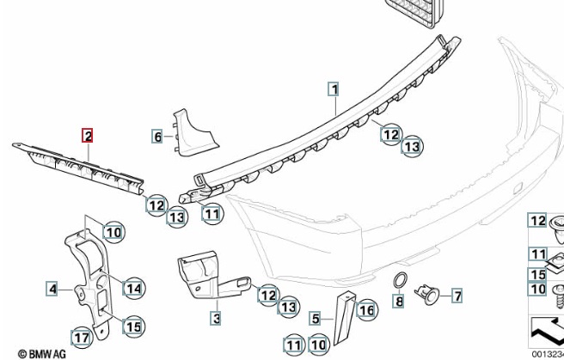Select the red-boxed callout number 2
pyautogui.click(x=88, y=135)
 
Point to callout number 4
pyautogui.click(x=52, y=290)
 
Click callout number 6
pyautogui.click(x=157, y=136)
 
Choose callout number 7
pyautogui.click(x=457, y=297)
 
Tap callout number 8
pyautogui.click(x=398, y=301)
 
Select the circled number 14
pyautogui.click(x=133, y=289)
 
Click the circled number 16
pyautogui.click(x=366, y=309)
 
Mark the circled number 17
pyautogui.click(x=81, y=339)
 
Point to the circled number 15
pyautogui.click(x=133, y=326)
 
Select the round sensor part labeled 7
pyautogui.click(x=428, y=296)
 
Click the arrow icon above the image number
pyautogui.click(x=548, y=330)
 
